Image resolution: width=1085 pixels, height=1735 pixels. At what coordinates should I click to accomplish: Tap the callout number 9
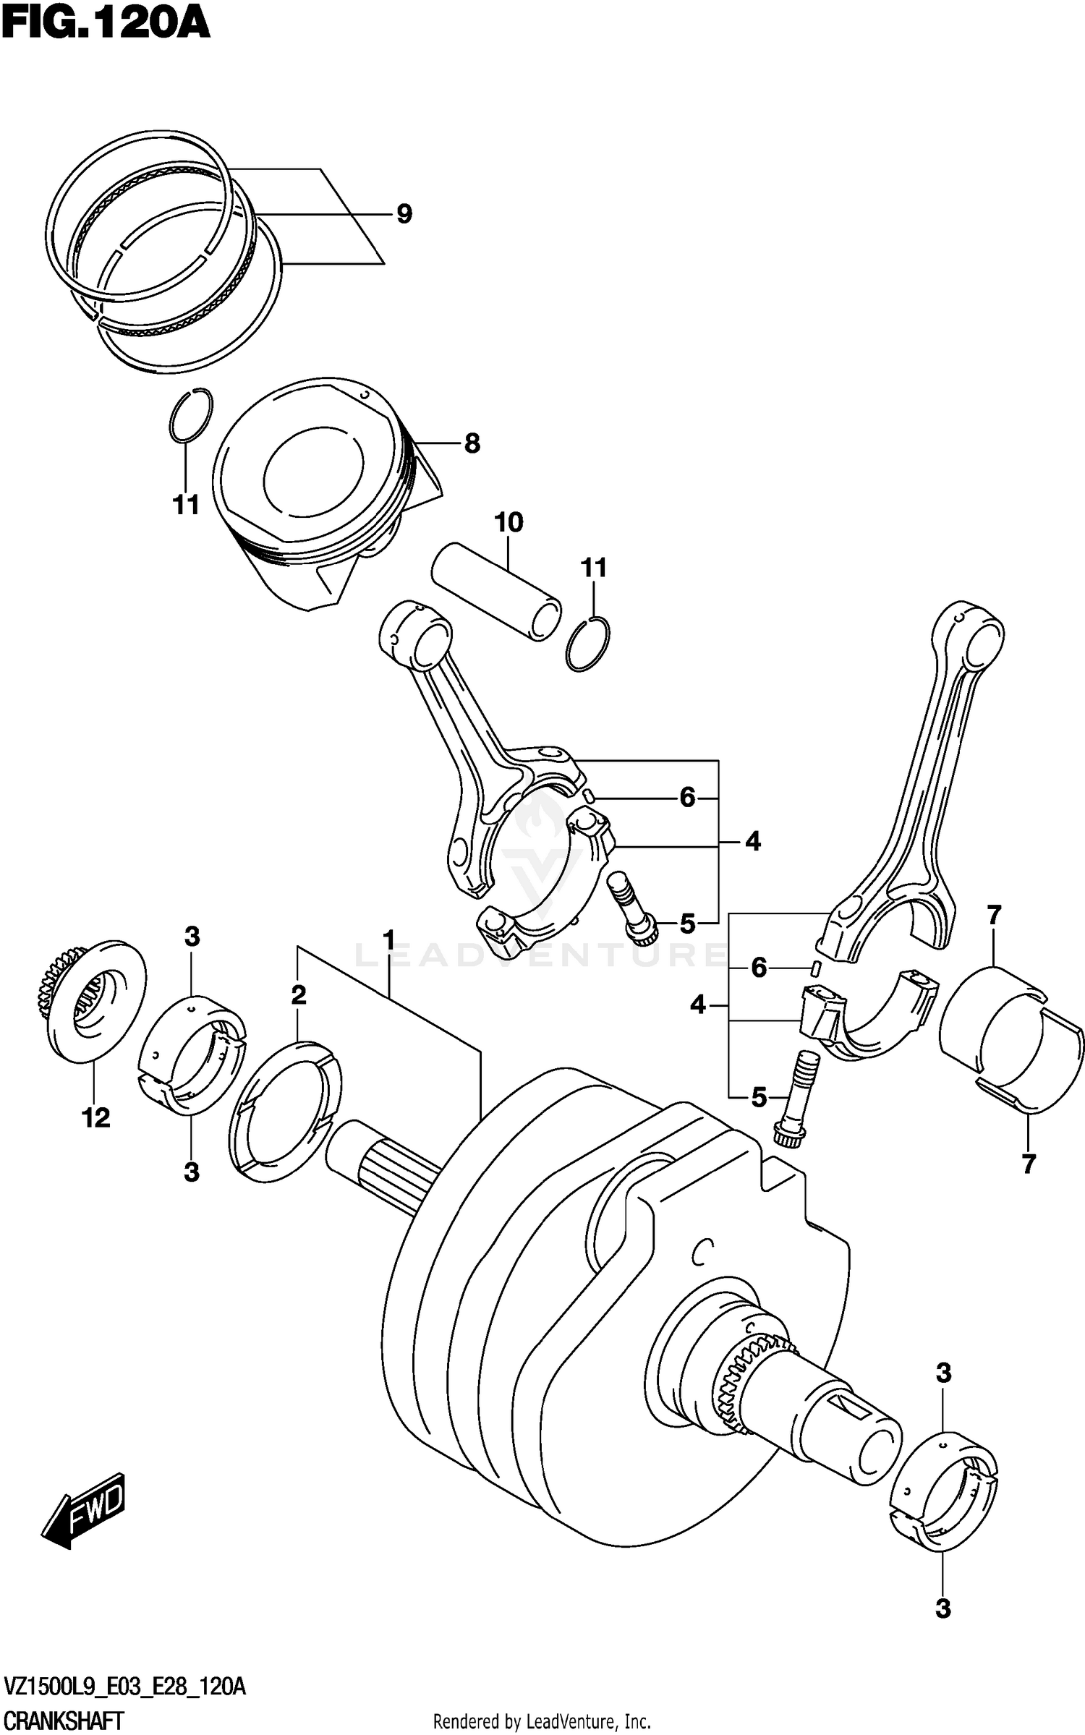pos(404,214)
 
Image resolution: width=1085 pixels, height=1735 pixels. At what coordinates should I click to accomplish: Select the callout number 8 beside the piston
pos(472,443)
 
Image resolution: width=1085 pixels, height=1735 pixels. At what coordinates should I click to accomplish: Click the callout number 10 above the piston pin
pos(509,522)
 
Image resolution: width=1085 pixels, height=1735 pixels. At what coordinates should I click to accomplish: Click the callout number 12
pos(95,1117)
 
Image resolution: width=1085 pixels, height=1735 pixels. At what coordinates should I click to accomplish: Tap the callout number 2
pos(298,995)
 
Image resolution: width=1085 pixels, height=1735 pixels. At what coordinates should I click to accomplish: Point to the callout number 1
pos(389,940)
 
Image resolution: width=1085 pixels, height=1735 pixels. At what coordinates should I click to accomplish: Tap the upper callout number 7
pos(994,916)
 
